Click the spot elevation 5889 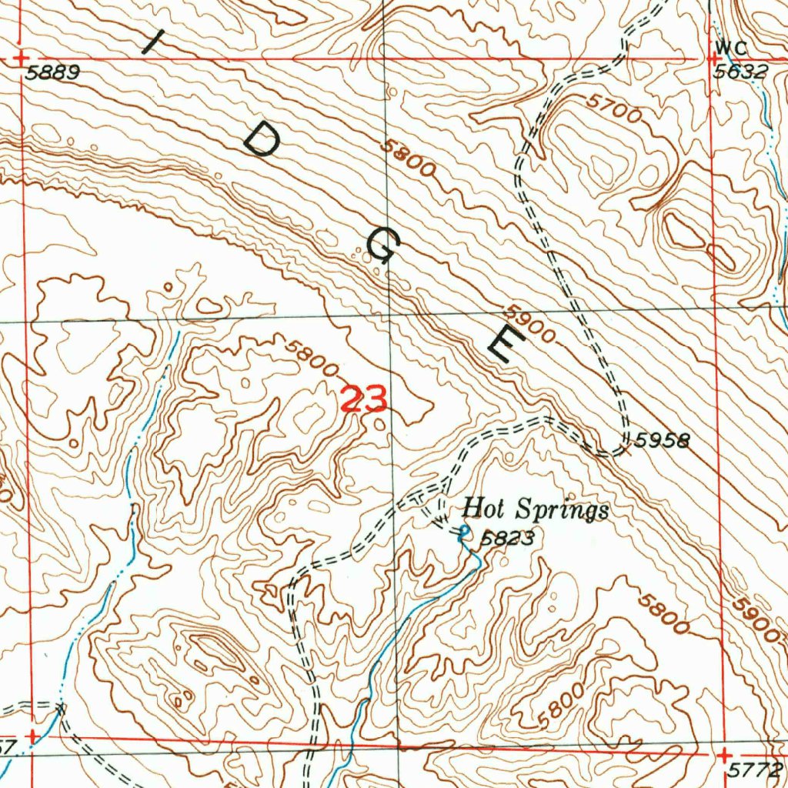(x=52, y=74)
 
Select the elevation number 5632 (x=740, y=72)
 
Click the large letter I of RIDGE (x=156, y=40)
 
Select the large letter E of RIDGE (x=506, y=343)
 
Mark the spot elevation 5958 (x=663, y=440)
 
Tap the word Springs (x=562, y=511)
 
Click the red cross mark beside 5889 (x=22, y=58)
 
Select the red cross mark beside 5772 (x=724, y=756)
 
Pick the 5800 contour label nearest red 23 (x=311, y=358)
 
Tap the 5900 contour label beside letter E (x=530, y=326)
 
